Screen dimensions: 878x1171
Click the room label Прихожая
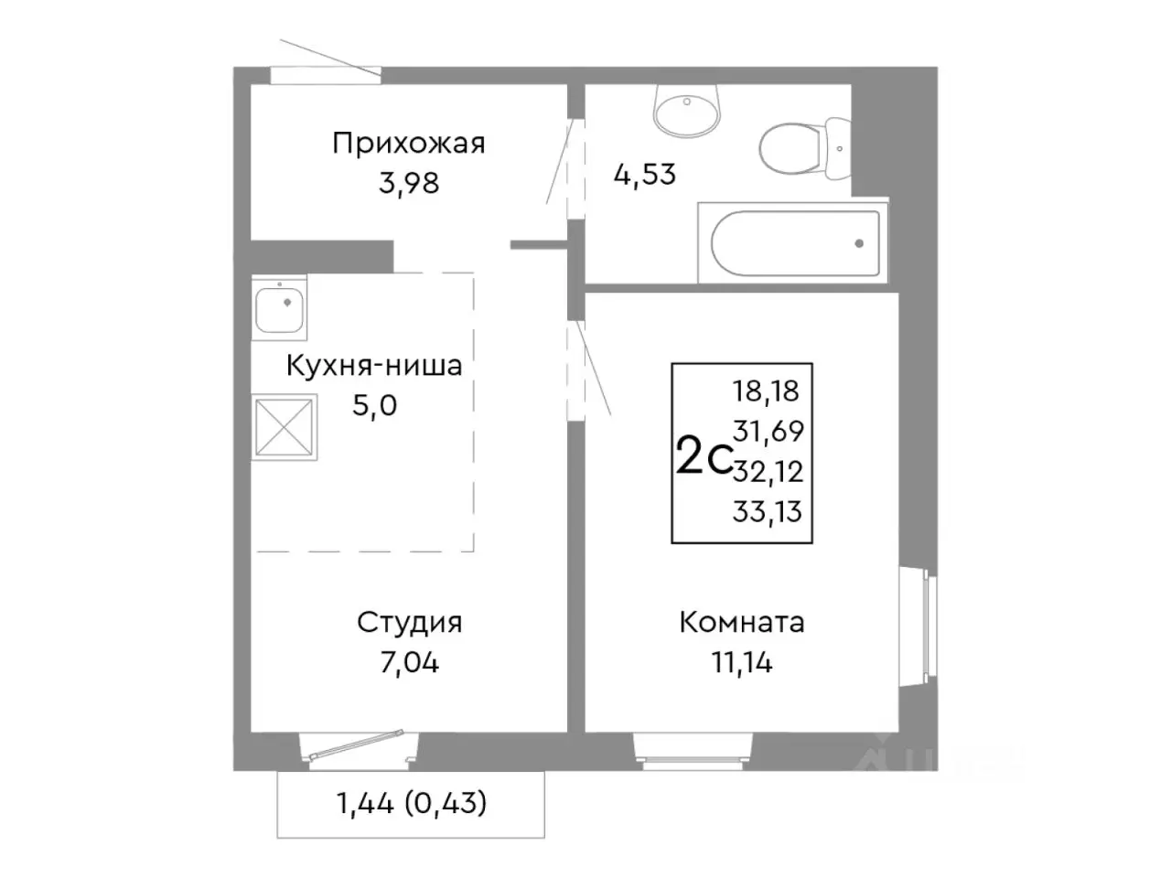(x=408, y=144)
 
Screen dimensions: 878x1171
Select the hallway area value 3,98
(x=409, y=183)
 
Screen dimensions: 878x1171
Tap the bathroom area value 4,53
(x=644, y=174)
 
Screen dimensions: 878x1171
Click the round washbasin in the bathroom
(x=685, y=110)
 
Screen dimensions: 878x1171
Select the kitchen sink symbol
(x=280, y=305)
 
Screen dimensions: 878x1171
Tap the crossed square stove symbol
(x=285, y=426)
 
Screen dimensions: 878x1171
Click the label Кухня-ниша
(x=374, y=366)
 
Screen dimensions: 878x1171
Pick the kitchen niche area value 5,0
(x=375, y=405)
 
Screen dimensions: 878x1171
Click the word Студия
(x=409, y=623)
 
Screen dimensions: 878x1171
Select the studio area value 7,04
(x=409, y=662)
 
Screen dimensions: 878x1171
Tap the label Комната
(x=741, y=623)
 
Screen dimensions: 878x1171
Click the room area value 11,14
(x=741, y=662)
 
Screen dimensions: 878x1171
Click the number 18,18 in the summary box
(x=766, y=391)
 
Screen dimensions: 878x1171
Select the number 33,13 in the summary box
(x=767, y=512)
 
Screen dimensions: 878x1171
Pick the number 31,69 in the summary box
(x=767, y=431)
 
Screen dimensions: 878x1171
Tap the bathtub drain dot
(x=859, y=243)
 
